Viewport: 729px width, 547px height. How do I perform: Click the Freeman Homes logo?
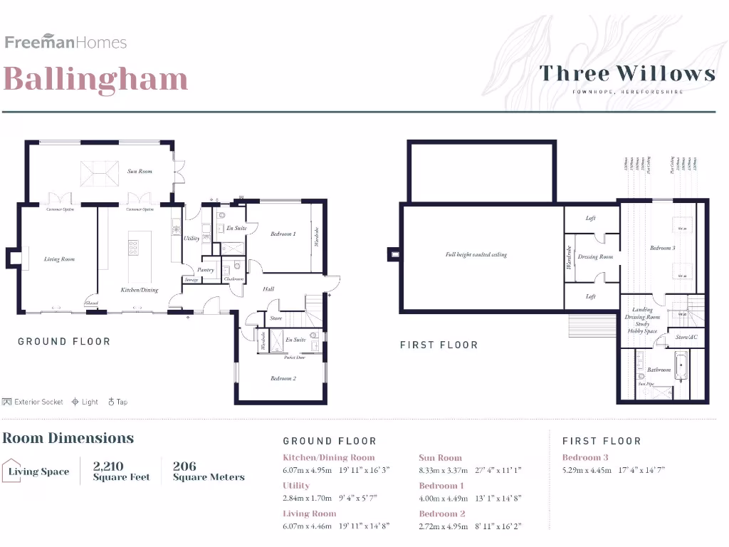(65, 42)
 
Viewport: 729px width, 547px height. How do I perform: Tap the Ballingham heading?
(95, 79)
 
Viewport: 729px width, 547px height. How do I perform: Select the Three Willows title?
(627, 73)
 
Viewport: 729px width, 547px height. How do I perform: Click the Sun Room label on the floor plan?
(140, 172)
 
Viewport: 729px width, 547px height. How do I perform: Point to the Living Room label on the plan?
(59, 259)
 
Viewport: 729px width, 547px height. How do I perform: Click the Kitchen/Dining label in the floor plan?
(139, 290)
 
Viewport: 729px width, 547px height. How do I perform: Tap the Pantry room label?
(205, 270)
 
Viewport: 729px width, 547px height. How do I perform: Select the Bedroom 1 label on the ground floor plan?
(283, 234)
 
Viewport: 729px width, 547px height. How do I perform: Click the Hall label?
(268, 289)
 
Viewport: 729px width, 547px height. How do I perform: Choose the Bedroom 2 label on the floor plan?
(283, 378)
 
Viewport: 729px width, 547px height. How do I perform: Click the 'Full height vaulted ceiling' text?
(476, 254)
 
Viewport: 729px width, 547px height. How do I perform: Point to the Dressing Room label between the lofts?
(595, 256)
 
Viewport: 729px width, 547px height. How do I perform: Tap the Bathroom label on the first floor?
(659, 370)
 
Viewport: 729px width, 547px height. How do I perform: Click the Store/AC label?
(686, 337)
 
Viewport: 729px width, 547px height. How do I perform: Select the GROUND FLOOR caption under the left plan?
(64, 342)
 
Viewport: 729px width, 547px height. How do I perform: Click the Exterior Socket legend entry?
(33, 402)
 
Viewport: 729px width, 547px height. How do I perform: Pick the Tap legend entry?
(117, 402)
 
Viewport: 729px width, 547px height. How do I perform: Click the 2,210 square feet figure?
(121, 472)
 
